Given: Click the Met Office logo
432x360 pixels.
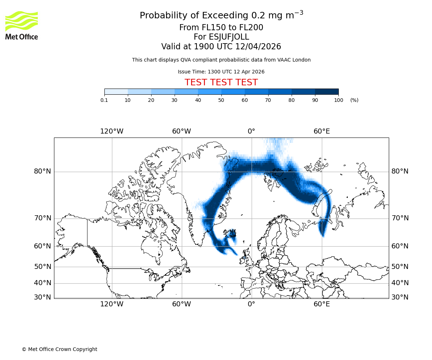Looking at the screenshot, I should pos(22,25).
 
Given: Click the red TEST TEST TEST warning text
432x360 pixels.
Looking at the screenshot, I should pos(221,82).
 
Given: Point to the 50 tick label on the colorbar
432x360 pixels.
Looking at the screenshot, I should pos(221,100).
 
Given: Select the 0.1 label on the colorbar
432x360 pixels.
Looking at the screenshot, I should pos(104,100).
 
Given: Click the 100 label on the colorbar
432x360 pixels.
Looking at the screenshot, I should pos(338,100).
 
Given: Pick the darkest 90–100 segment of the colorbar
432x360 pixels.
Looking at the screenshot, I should pos(327,91).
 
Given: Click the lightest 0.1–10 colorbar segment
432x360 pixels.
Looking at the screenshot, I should pos(116,91).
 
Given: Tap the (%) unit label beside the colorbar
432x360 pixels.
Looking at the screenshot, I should pos(354,100).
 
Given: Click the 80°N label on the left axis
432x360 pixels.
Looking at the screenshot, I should pos(42,171).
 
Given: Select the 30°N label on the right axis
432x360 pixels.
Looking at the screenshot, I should pos(400,297).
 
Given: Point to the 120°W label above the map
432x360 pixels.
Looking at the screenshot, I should pos(112,131).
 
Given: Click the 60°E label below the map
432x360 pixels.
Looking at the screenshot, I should pos(321,304).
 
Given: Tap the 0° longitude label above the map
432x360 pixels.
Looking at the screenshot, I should pos(251,131).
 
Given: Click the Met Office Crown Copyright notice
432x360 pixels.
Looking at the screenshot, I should pos(59,349).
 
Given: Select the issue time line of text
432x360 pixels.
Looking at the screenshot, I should pos(221,72).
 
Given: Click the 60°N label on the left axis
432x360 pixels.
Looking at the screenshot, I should pos(42,246).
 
